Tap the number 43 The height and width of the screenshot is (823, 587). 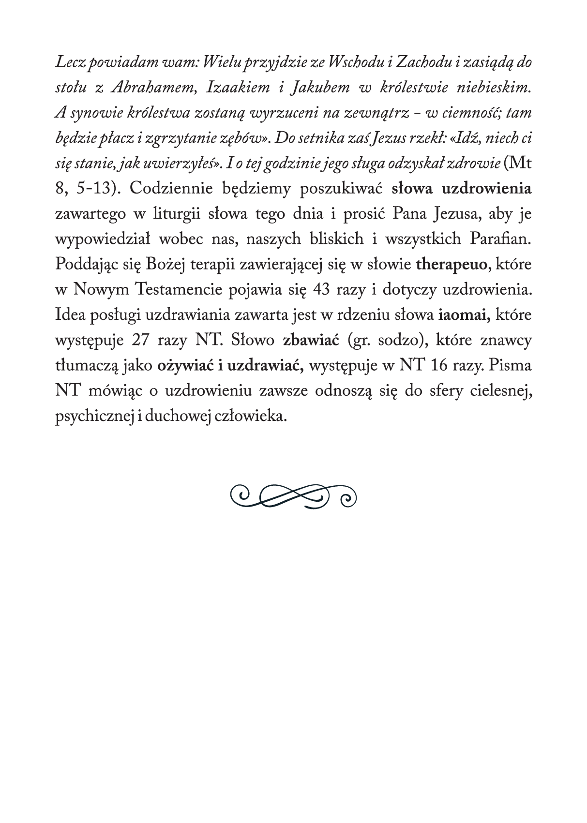pos(324,290)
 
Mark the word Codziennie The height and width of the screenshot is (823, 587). pos(171,189)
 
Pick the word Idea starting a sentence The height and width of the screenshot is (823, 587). pos(71,315)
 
